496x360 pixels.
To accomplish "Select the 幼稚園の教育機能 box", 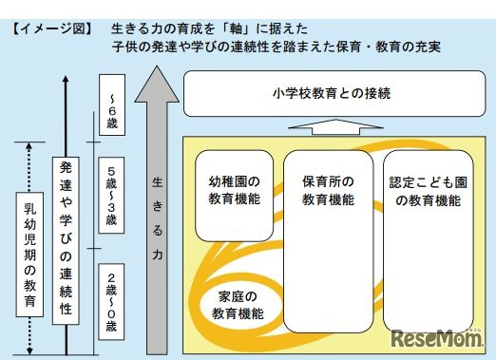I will coord(234,193).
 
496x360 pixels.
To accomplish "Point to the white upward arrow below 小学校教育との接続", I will coord(330,125).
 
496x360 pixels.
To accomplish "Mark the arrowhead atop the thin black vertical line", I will coord(64,77).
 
